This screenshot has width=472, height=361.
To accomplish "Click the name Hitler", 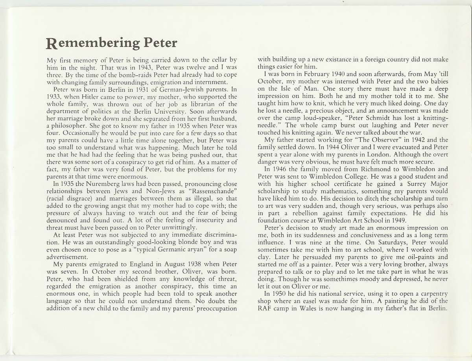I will click(x=101, y=96).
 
